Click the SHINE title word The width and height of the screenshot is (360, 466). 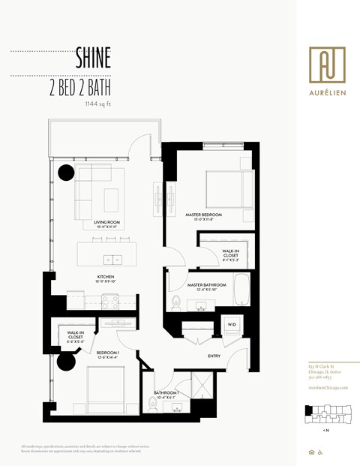point(93,57)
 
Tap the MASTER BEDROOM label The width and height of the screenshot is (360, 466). point(204,217)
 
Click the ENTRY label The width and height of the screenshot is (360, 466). point(214,356)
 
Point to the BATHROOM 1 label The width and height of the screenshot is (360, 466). point(166,394)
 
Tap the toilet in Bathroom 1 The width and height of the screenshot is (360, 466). point(153,406)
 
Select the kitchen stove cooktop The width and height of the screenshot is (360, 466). point(112,302)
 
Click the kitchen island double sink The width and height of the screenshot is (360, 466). point(113,260)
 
